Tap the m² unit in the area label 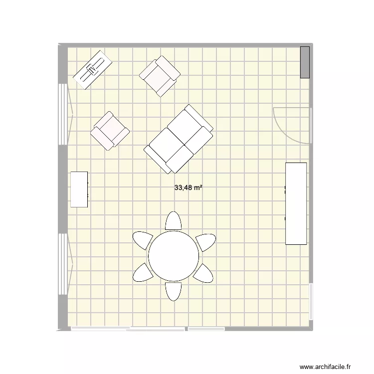pyautogui.click(x=197, y=188)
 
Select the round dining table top pyautogui.click(x=174, y=256)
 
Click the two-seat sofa pyautogui.click(x=179, y=139)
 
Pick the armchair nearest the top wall pyautogui.click(x=160, y=75)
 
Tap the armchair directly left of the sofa pyautogui.click(x=110, y=130)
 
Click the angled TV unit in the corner pyautogui.click(x=93, y=69)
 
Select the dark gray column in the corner pyautogui.click(x=304, y=62)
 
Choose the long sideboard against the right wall pyautogui.click(x=296, y=203)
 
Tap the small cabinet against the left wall pyautogui.click(x=79, y=189)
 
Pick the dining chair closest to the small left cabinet pyautogui.click(x=143, y=240)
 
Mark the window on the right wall pyautogui.click(x=311, y=302)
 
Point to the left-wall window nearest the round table pyautogui.click(x=63, y=264)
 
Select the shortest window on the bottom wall pyautogui.click(x=206, y=329)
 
